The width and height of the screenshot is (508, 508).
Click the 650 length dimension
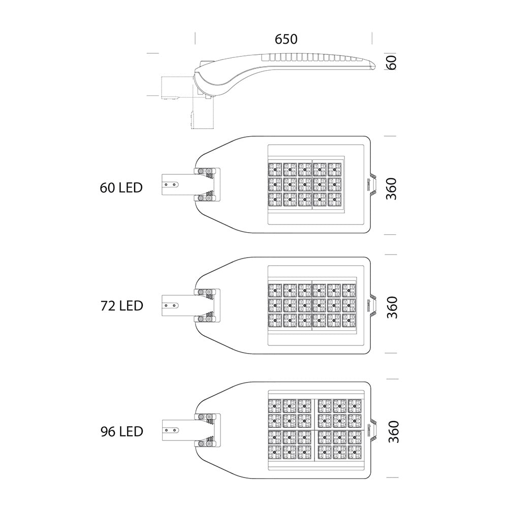285,39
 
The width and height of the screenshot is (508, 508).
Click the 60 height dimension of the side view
391,62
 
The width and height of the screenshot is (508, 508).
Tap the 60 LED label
121,187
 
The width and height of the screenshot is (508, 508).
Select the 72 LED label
121,305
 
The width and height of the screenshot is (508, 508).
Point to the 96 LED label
121,431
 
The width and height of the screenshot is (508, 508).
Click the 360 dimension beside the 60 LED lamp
391,188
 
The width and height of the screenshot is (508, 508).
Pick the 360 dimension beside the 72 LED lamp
392,307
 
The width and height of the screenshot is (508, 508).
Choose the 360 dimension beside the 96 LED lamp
393,431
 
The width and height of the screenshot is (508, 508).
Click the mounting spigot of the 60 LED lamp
178,185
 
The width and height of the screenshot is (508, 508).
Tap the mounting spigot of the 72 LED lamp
178,305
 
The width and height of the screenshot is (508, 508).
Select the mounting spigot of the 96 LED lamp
178,430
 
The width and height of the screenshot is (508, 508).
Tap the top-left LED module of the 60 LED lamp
275,170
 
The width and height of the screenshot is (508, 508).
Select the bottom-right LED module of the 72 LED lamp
348,320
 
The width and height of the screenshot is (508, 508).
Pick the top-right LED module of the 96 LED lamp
355,405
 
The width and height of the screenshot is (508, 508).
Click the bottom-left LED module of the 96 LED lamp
274,452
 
